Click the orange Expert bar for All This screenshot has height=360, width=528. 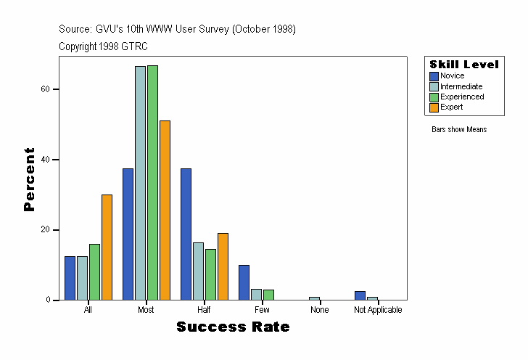coord(107,247)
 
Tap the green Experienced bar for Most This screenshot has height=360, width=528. coord(152,182)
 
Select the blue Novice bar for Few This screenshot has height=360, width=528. coord(244,282)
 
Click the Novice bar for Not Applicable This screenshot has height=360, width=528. coord(360,295)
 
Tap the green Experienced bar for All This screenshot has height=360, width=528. coord(94,272)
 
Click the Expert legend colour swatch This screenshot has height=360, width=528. coord(434,107)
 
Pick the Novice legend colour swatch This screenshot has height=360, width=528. coord(434,76)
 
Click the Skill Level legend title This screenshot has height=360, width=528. coord(463,65)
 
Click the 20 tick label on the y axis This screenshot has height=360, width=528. coord(46,229)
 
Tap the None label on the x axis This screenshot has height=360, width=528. coord(319,310)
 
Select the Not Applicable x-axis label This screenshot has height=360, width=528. coord(378,310)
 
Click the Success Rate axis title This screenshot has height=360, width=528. coord(233,327)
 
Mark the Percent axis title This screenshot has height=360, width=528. coord(30,179)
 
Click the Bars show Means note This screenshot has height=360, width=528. coord(459,130)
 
